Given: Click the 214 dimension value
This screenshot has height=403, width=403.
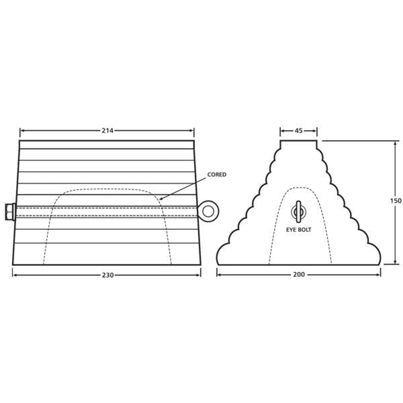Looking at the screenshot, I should pyautogui.click(x=107, y=130).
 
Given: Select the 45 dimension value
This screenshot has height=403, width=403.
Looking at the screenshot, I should pyautogui.click(x=298, y=130).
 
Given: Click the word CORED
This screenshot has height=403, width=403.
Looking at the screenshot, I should pyautogui.click(x=217, y=174).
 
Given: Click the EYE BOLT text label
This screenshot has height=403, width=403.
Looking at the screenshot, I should pyautogui.click(x=300, y=229).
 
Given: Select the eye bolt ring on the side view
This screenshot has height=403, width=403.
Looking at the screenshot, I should pyautogui.click(x=208, y=212).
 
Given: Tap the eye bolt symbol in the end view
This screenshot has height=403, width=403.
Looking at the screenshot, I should pyautogui.click(x=299, y=212).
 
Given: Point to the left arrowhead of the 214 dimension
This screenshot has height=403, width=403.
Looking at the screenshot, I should pyautogui.click(x=22, y=130).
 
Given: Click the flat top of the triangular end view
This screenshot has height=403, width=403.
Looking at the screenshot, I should pyautogui.click(x=299, y=142).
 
